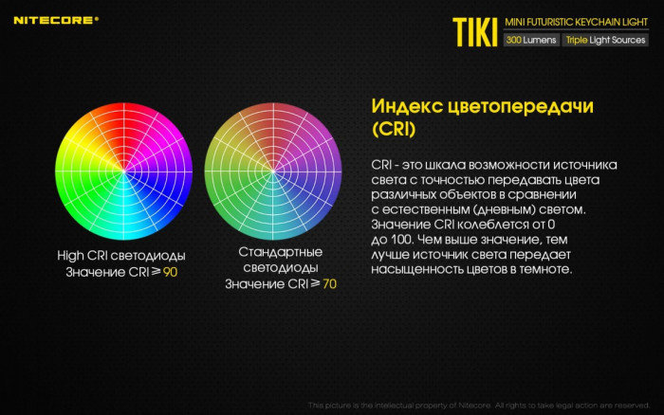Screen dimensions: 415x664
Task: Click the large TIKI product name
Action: [471, 28]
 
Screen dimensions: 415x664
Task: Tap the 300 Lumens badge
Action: [531, 41]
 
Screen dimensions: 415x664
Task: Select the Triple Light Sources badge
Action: [605, 41]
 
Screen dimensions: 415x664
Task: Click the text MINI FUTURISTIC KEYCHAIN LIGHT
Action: [576, 21]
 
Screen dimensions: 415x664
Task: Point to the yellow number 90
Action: [170, 272]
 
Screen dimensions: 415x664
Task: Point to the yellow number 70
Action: [328, 283]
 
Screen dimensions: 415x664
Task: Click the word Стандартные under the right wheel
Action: [280, 252]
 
